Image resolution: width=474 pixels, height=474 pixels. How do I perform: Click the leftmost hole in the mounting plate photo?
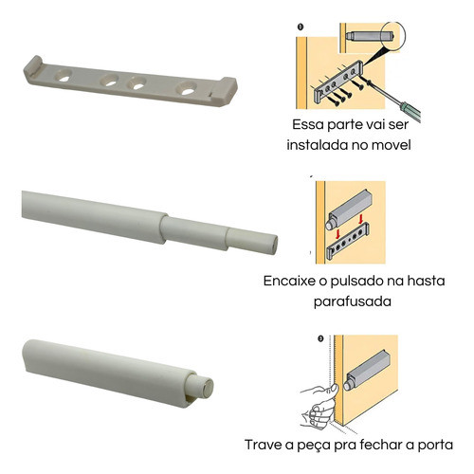[x=64, y=76]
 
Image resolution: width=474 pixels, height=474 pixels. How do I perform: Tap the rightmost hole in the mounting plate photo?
[x=187, y=88]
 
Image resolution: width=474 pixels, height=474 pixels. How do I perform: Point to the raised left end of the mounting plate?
[x=33, y=66]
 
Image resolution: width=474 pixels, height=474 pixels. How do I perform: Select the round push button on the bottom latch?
[x=208, y=389]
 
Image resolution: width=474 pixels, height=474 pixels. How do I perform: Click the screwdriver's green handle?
[x=410, y=111]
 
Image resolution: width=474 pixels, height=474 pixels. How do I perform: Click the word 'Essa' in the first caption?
[x=307, y=124]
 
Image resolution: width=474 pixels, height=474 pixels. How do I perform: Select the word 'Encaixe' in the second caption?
[x=288, y=281]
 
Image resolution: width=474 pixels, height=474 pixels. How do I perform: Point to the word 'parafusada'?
[x=353, y=301]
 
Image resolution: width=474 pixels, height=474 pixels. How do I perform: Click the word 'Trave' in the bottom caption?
[x=264, y=445]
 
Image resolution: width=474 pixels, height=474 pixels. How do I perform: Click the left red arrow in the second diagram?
[x=337, y=234]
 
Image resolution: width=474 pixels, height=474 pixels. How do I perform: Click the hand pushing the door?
[x=319, y=406]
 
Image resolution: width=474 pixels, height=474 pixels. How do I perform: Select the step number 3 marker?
[x=320, y=338]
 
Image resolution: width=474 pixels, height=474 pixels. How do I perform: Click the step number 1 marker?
[x=301, y=27]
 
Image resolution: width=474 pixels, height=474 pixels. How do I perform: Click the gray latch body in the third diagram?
[x=367, y=369]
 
